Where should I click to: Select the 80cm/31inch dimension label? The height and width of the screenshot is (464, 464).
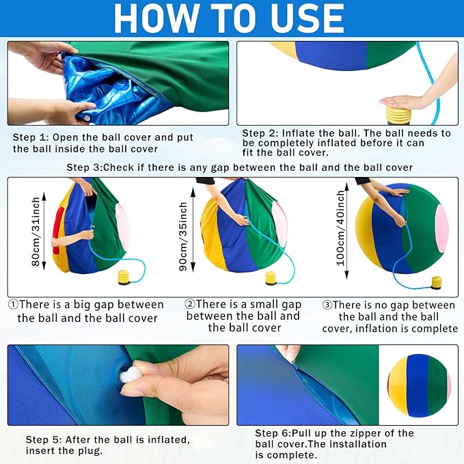(x=36, y=232)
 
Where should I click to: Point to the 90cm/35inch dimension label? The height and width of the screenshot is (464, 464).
(x=183, y=236)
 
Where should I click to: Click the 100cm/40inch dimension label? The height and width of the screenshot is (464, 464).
(x=340, y=228)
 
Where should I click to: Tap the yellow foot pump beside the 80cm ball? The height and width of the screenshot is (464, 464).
(x=124, y=277)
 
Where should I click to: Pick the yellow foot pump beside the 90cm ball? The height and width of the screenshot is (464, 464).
(x=271, y=278)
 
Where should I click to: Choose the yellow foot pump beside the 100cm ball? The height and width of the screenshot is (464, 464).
(x=437, y=283)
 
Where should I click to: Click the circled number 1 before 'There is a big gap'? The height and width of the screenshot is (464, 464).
(x=13, y=304)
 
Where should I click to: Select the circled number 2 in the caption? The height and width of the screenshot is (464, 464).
(x=190, y=304)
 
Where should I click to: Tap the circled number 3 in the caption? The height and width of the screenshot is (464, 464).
(x=327, y=305)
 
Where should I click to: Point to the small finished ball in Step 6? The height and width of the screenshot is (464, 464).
(x=419, y=385)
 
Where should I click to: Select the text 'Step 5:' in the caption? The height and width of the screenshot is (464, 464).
(x=44, y=439)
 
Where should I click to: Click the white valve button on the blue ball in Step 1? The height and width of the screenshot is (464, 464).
(x=86, y=118)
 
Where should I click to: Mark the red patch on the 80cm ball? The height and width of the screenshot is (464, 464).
(x=57, y=230)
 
